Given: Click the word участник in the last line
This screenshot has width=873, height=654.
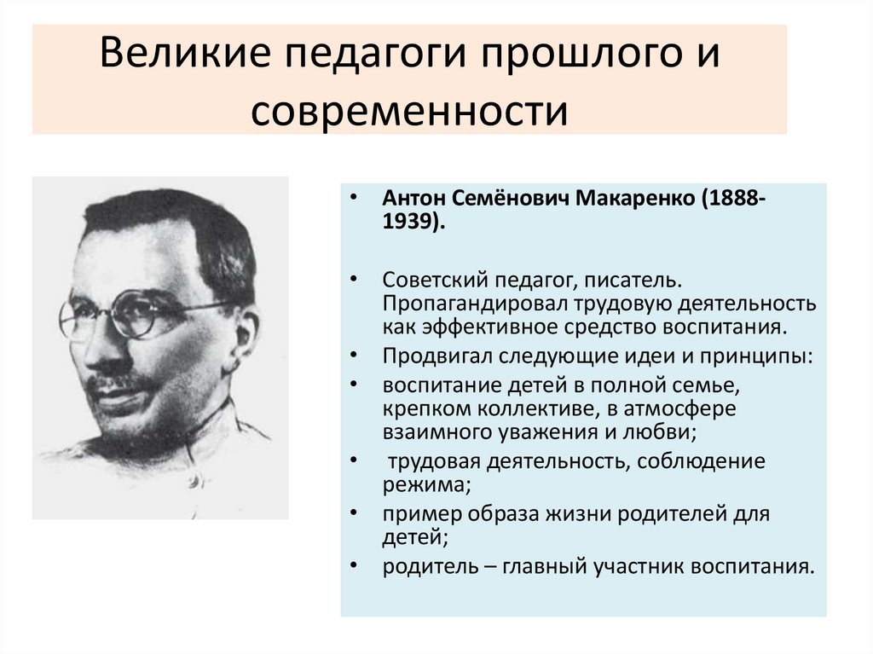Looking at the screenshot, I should tap(628, 567).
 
